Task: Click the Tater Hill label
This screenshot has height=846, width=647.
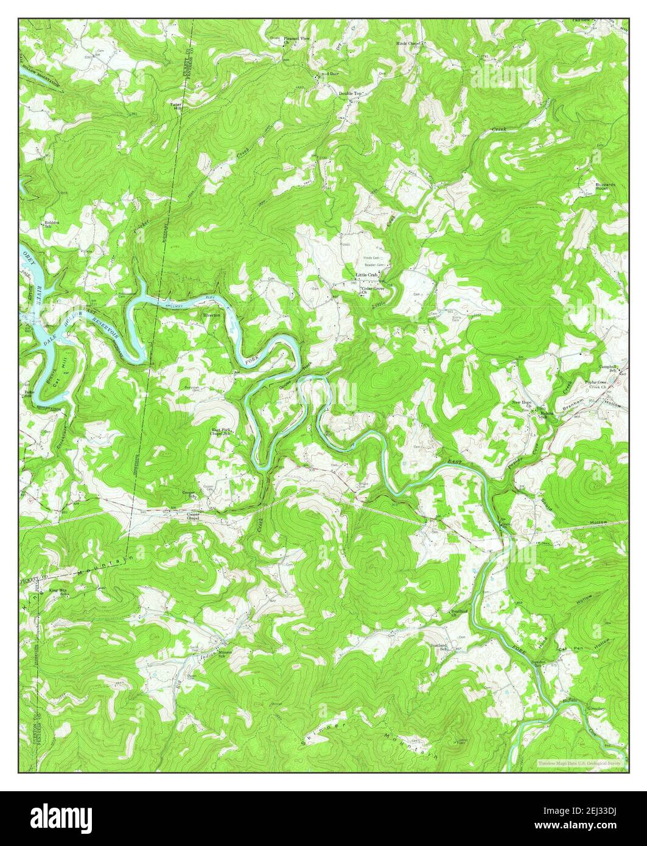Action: [x=176, y=106]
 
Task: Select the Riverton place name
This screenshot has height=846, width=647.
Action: [x=211, y=315]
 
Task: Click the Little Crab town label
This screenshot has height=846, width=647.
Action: [x=368, y=275]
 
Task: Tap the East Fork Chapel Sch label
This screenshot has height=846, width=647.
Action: [x=220, y=433]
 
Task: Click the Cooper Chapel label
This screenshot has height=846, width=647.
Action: [x=193, y=517]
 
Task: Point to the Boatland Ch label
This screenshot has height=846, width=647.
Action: [x=458, y=612]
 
